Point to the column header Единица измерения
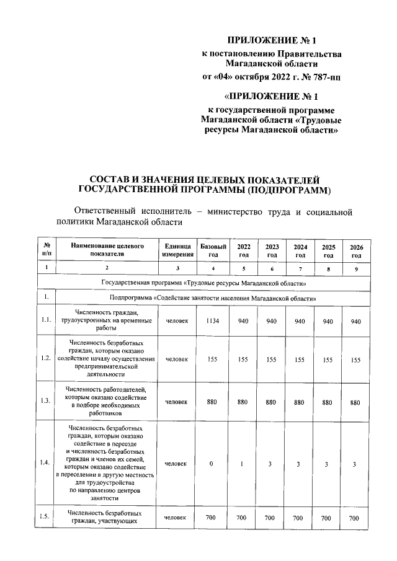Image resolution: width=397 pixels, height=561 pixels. click(177, 250)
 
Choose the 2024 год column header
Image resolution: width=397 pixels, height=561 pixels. click(300, 250)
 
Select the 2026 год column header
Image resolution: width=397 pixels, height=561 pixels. click(355, 250)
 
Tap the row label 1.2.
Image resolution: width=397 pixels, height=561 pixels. click(46, 358)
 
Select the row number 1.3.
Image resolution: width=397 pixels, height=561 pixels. click(46, 402)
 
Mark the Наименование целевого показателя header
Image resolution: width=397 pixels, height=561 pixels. click(107, 250)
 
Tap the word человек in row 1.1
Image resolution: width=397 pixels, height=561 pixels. click(177, 321)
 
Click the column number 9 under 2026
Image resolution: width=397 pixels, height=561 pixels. click(355, 268)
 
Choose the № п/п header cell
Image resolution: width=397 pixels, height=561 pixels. click(46, 250)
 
